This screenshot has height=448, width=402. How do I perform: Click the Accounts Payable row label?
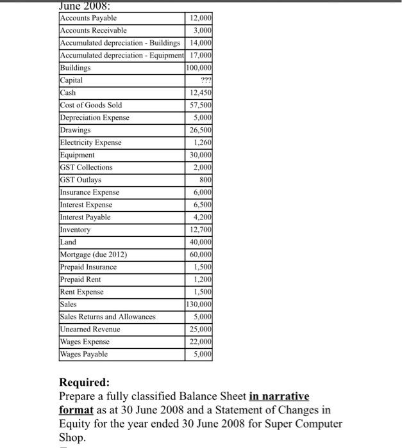pos(88,18)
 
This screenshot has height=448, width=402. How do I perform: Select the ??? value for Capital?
pos(206,81)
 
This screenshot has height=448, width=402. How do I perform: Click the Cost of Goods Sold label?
pos(90,105)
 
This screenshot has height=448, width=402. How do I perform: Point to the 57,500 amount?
pos(203,105)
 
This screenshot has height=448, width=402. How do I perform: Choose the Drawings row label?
pos(75,130)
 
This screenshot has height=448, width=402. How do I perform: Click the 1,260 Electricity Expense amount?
pos(204,143)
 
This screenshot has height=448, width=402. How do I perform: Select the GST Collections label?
pos(86,168)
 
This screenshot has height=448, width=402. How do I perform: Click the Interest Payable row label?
pos(85,218)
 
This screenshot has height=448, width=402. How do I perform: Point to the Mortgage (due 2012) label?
pos(94,255)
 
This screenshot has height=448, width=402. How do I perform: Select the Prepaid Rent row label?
pos(80,280)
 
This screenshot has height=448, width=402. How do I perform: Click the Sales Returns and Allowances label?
pos(107,317)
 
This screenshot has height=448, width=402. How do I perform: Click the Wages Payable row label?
pos(84,355)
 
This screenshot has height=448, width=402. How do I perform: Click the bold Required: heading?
pos(85,383)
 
